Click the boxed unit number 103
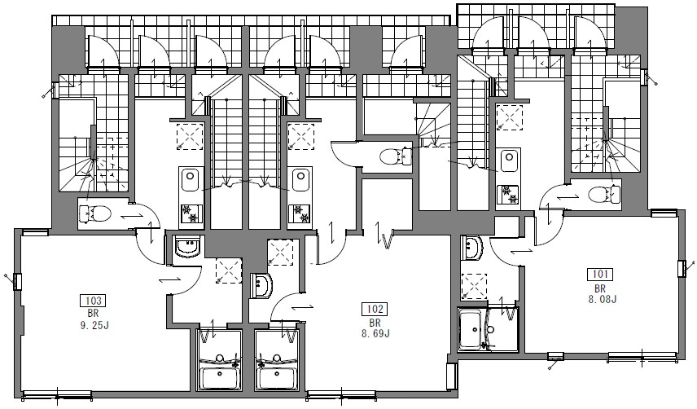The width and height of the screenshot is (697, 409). coord(93,301)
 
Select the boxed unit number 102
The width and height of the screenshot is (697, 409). coord(375,309)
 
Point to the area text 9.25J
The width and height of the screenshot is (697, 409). coord(94,326)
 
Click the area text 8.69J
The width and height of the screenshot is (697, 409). coord(375,333)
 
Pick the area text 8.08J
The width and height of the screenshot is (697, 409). coord(603,300)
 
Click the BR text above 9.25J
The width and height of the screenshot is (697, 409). coord(94,314)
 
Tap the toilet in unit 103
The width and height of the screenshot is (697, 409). coord(94,213)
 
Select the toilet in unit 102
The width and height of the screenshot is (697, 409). coord(395,156)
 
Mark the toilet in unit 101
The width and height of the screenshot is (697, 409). coord(603,194)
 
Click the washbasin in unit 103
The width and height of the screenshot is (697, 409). coord(188,248)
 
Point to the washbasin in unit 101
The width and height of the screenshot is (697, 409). coord(472,248)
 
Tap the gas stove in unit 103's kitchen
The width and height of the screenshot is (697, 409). coord(191,213)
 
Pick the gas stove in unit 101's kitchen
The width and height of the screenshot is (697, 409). coord(507,195)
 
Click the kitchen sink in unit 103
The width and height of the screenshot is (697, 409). coord(191,179)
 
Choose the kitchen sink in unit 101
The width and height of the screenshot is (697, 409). coord(507,161)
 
